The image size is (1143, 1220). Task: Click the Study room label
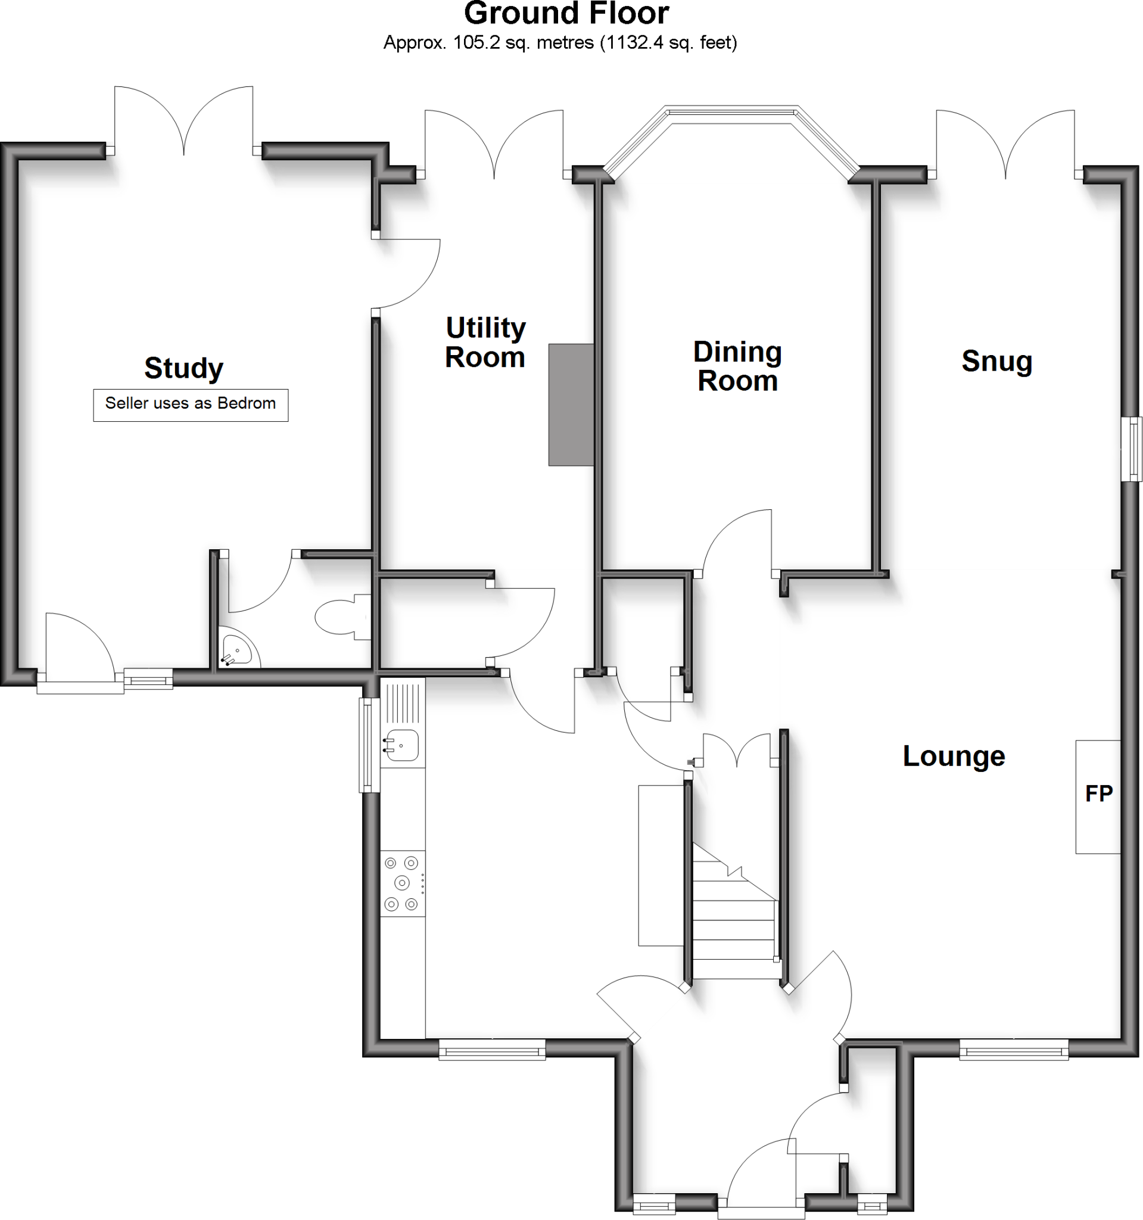tap(183, 368)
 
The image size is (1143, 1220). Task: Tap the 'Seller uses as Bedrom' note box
tap(190, 404)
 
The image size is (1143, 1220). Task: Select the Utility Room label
tap(485, 343)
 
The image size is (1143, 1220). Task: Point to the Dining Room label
tap(737, 366)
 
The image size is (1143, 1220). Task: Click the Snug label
tap(997, 361)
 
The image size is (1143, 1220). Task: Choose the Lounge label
tap(954, 756)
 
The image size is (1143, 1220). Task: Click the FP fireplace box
tap(1098, 796)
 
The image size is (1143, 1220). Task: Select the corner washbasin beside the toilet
tap(236, 651)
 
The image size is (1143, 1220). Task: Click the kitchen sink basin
tap(403, 746)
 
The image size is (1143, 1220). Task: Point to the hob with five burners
tap(402, 883)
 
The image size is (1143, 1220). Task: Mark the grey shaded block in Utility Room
tap(571, 405)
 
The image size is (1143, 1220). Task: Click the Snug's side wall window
tap(1131, 449)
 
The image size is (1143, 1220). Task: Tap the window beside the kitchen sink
tap(369, 745)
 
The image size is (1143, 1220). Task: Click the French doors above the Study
tap(183, 120)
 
